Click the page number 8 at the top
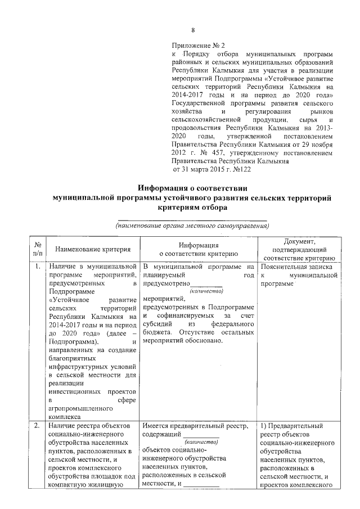(x=192, y=30)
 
